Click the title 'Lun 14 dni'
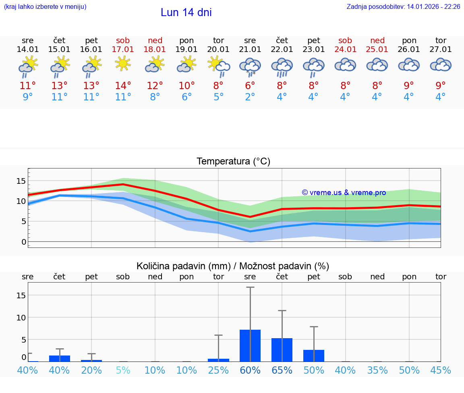(186, 12)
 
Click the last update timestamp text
(403, 7)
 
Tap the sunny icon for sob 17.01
(123, 64)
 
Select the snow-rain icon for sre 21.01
(250, 67)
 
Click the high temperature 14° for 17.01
(123, 86)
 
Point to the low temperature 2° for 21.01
(250, 97)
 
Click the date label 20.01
(218, 50)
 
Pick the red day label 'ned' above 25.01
(377, 40)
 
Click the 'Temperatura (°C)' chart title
(233, 162)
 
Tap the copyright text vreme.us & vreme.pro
(344, 193)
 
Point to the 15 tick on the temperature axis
(21, 181)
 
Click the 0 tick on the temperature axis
(23, 242)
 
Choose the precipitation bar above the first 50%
(314, 356)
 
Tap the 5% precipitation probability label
(123, 370)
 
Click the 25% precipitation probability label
(218, 370)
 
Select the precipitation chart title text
(233, 266)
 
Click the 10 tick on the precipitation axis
(21, 318)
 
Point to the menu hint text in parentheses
(45, 7)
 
